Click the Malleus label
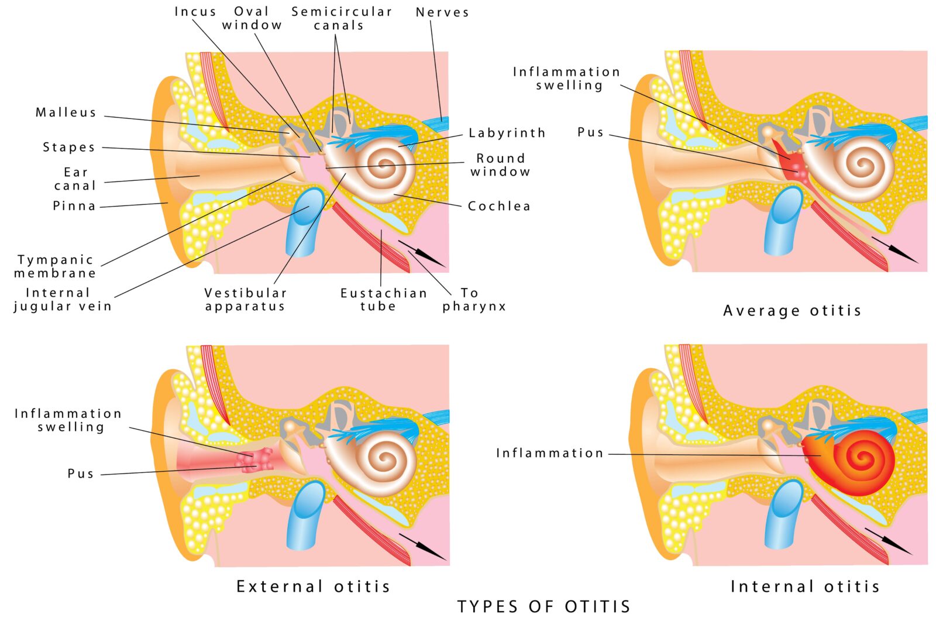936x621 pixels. (x=66, y=112)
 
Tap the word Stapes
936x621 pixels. (x=69, y=147)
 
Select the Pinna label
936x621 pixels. (x=74, y=206)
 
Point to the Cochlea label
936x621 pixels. (x=499, y=206)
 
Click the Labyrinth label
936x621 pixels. (x=507, y=133)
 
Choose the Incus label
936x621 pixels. (x=195, y=12)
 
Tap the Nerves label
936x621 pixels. (x=442, y=12)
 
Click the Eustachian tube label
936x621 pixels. (x=383, y=300)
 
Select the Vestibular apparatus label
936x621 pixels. (x=245, y=300)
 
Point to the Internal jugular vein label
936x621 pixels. (x=63, y=300)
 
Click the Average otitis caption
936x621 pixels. (x=792, y=311)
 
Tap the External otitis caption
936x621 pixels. (x=313, y=586)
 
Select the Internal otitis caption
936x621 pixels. (x=805, y=586)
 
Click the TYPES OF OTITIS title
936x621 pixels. (x=543, y=607)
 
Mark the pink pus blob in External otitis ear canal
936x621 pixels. (x=254, y=461)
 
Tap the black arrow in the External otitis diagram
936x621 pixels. (x=422, y=546)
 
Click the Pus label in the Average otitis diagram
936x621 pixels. (x=590, y=132)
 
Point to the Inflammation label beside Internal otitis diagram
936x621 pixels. (x=549, y=453)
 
